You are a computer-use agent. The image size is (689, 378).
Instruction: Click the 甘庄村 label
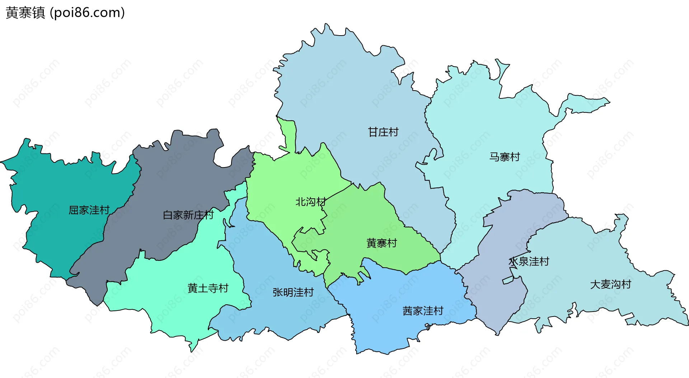383,132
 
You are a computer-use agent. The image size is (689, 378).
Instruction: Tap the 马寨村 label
504,157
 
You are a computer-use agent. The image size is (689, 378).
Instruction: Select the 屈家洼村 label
89,210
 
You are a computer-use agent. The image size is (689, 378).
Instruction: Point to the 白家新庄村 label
188,215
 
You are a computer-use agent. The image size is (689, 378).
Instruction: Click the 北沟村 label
310,202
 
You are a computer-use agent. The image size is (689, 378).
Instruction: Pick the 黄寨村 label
381,243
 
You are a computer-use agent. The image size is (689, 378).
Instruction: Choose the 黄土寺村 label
208,288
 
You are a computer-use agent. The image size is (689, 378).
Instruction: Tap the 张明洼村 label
293,292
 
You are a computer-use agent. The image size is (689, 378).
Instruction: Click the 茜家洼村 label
423,311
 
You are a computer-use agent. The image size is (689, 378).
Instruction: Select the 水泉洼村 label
529,262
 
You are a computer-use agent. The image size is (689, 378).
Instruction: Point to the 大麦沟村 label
610,285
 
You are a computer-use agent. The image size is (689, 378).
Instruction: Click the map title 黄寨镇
25,13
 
